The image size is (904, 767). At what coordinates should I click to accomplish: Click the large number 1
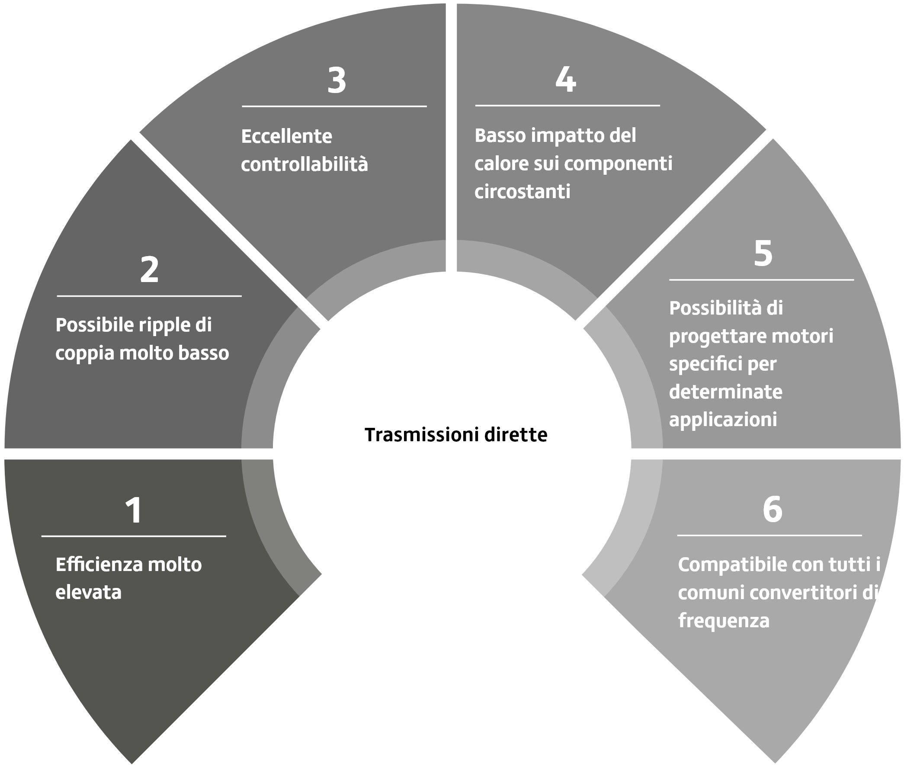pos(134,510)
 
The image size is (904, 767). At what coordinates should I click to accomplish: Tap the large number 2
pos(149,270)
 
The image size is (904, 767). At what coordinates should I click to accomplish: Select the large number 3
pos(337,80)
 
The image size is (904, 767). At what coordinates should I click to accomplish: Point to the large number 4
pos(566,79)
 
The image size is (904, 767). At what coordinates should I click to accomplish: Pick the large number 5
pos(763,253)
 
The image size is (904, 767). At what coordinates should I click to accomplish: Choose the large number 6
pos(772,509)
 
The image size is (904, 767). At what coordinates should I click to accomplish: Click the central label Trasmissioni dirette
pos(456,434)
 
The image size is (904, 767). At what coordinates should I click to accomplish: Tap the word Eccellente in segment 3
pos(286,137)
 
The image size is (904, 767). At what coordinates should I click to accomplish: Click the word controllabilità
pos(305,164)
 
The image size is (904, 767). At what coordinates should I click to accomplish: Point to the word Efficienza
pos(99,565)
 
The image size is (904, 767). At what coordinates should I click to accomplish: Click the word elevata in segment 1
pos(88,592)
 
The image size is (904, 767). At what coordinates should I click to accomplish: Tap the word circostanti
pos(522,192)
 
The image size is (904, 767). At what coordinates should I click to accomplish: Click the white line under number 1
pos(134,536)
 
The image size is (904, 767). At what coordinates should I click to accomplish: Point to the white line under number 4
pos(567,105)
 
